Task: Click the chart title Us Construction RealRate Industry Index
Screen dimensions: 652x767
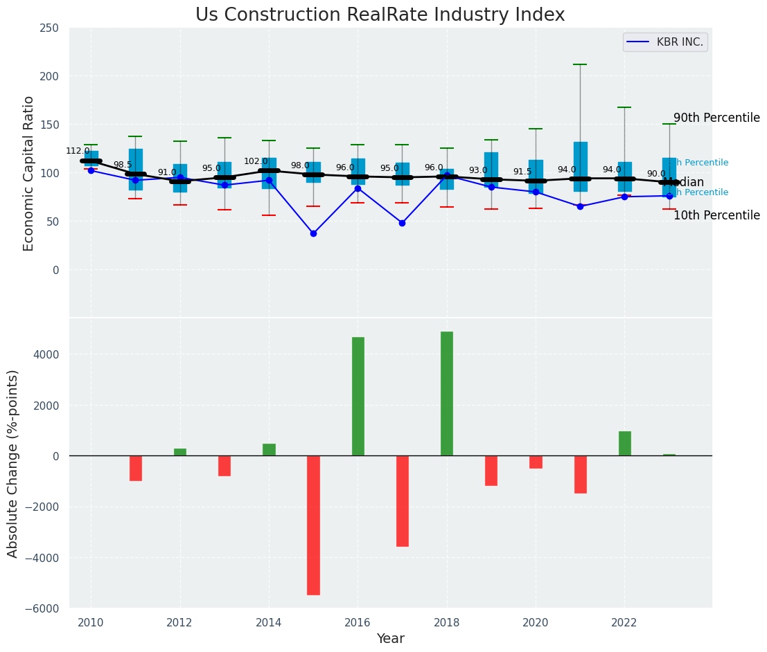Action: pyautogui.click(x=380, y=15)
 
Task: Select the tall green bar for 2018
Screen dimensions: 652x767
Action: pyautogui.click(x=447, y=393)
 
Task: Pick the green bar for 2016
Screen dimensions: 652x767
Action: pyautogui.click(x=358, y=396)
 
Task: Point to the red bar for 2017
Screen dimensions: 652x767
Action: pyautogui.click(x=403, y=500)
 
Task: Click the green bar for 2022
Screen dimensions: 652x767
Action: pyautogui.click(x=624, y=443)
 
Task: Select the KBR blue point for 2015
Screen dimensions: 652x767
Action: pyautogui.click(x=313, y=233)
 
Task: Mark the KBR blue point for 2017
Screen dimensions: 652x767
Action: pyautogui.click(x=402, y=223)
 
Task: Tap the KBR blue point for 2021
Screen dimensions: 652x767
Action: pyautogui.click(x=580, y=206)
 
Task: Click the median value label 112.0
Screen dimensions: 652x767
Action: pyautogui.click(x=78, y=151)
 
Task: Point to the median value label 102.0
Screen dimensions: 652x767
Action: pyautogui.click(x=256, y=161)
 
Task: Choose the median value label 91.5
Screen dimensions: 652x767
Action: pyautogui.click(x=522, y=172)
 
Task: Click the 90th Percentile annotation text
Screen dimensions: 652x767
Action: pyautogui.click(x=716, y=118)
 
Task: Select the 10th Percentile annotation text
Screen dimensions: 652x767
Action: pyautogui.click(x=716, y=215)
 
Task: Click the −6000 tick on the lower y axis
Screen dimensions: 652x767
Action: pyautogui.click(x=44, y=608)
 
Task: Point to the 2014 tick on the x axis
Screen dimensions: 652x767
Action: pyautogui.click(x=269, y=622)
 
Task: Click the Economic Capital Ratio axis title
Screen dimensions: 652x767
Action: pyautogui.click(x=28, y=173)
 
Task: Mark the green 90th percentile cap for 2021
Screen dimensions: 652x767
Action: pyautogui.click(x=580, y=64)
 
